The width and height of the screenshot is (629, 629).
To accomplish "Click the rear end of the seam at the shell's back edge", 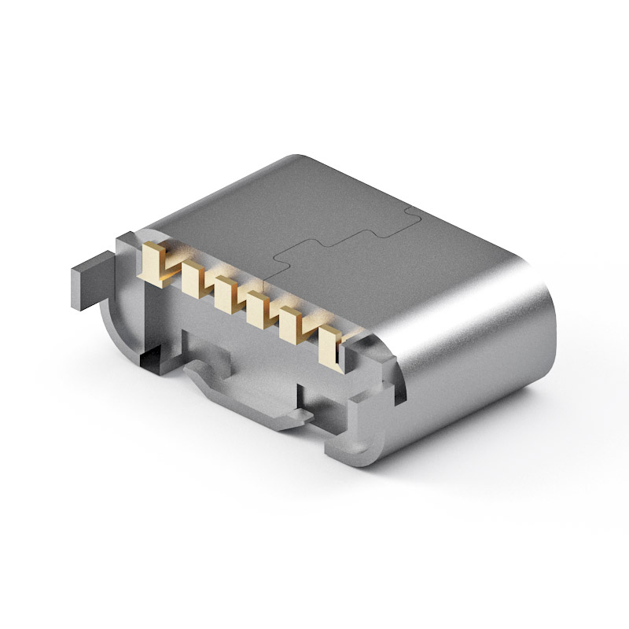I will pyautogui.click(x=409, y=210).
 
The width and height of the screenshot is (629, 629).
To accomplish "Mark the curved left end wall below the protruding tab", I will pyautogui.click(x=114, y=322).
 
